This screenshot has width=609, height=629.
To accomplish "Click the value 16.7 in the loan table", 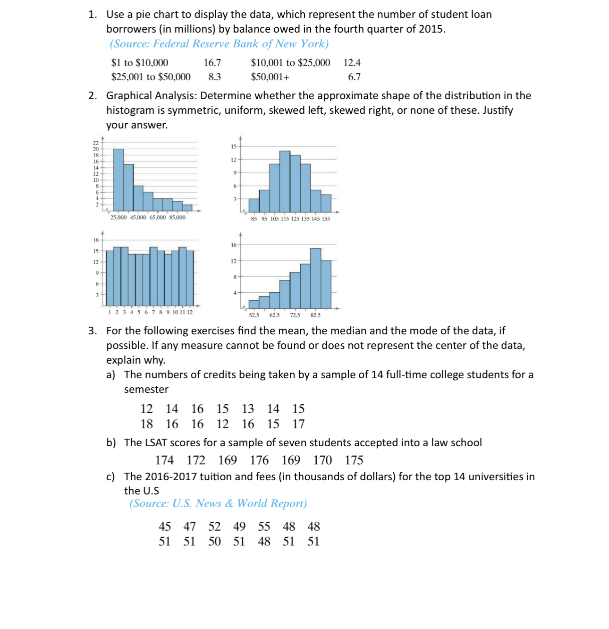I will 212,63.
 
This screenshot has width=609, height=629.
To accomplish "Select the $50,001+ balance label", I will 270,77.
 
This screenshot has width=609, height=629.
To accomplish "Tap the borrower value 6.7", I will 354,77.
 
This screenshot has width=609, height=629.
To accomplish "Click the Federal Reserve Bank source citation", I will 219,44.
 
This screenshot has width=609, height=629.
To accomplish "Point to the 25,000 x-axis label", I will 118,218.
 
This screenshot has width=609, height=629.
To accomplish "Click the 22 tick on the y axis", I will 96,143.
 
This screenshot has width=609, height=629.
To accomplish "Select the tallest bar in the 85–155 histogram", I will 285,181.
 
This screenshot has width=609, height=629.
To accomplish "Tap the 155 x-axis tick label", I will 326,219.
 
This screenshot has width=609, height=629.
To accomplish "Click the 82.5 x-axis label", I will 315,315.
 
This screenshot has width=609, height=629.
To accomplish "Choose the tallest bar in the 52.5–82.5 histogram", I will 316,278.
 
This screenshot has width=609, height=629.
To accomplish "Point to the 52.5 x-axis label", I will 254,315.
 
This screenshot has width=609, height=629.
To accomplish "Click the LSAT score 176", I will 259,460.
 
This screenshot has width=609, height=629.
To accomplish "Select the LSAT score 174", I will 164,460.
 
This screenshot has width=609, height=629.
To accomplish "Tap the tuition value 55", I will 264,527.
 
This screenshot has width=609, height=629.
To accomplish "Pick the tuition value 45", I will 165,527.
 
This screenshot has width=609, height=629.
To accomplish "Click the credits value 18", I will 147,424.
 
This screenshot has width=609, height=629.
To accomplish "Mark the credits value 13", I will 248,408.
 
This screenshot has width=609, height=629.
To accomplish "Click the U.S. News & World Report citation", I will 218,503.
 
